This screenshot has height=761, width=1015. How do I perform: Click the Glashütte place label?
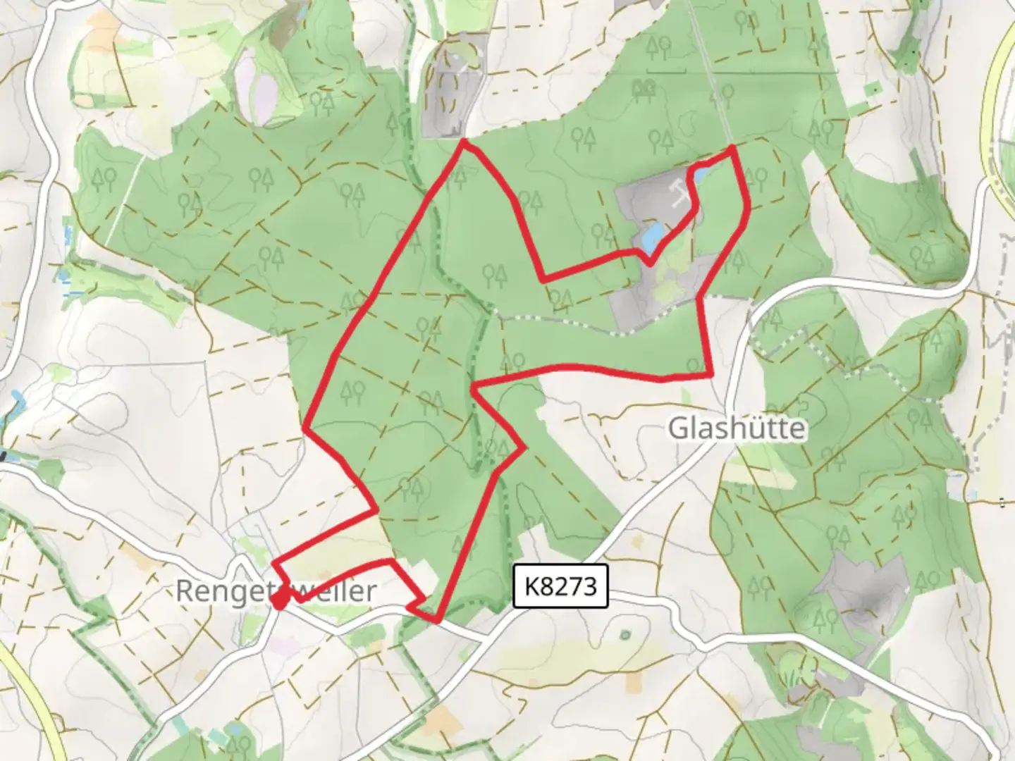[737, 428]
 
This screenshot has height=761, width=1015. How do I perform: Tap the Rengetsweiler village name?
[276, 590]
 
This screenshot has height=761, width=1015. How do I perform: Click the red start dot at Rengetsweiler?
[280, 601]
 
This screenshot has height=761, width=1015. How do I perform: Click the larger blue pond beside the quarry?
[652, 235]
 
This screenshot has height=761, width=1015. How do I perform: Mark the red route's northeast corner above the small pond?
[733, 147]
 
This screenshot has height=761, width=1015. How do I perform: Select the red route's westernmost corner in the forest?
[304, 427]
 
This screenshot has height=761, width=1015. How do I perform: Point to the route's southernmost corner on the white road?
[437, 621]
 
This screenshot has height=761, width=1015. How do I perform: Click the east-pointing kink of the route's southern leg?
[524, 447]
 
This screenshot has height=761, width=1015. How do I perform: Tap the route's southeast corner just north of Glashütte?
[710, 376]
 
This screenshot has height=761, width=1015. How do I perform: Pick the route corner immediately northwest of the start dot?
[273, 562]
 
